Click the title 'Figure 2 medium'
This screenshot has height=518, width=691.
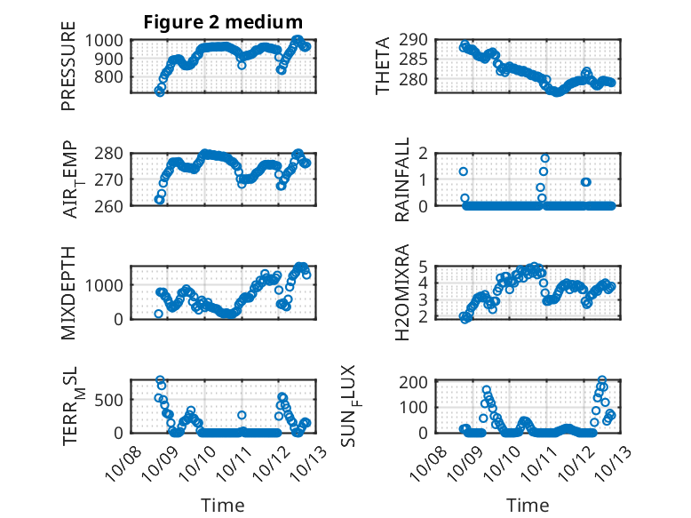[223, 22]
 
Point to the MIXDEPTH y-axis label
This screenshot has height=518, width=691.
[68, 292]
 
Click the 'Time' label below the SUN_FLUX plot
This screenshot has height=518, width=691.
[528, 506]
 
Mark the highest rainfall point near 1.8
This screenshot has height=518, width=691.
[544, 158]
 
